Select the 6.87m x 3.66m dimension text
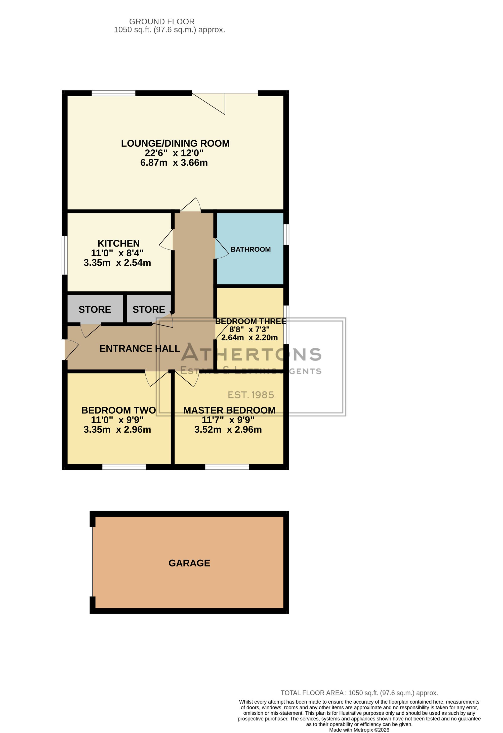(x=174, y=163)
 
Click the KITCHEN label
(x=118, y=243)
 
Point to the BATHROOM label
(x=251, y=250)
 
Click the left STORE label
(x=95, y=309)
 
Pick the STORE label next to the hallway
(x=149, y=309)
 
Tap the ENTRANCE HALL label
(x=140, y=349)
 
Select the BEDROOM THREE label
(x=251, y=321)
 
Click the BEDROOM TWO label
(x=118, y=410)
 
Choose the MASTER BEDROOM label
(x=229, y=410)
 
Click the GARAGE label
(x=189, y=563)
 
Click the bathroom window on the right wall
(x=286, y=234)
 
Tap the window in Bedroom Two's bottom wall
(x=124, y=467)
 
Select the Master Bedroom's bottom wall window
(x=227, y=467)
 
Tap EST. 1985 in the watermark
(x=251, y=395)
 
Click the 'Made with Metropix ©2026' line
(x=359, y=730)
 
